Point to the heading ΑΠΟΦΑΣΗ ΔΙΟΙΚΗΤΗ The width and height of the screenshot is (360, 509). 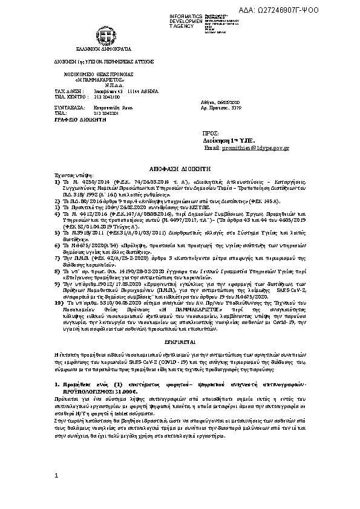pyautogui.click(x=180, y=172)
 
